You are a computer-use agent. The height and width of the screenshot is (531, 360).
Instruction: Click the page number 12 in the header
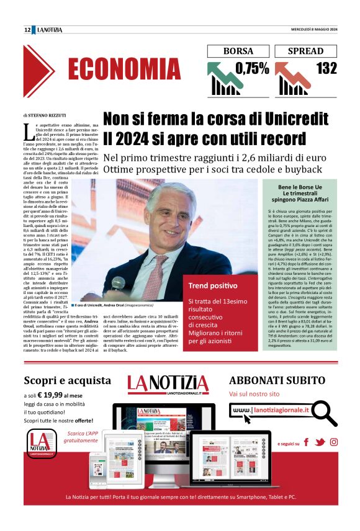(27, 30)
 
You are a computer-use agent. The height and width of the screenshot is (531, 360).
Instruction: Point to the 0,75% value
(252, 69)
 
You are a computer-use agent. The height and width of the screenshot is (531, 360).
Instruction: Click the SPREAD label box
(304, 51)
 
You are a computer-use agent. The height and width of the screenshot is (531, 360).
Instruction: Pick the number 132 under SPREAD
(326, 69)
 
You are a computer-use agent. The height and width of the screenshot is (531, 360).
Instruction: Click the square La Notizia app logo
(40, 444)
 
